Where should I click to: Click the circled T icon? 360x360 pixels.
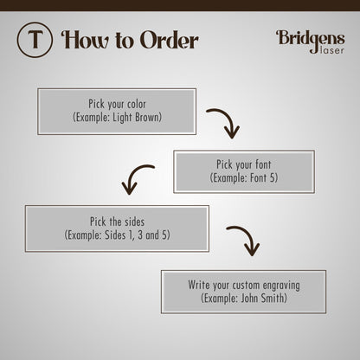click(x=35, y=40)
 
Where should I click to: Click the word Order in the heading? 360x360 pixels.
click(x=170, y=40)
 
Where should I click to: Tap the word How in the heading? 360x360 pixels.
click(x=85, y=40)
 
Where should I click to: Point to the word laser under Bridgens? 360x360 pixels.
click(x=332, y=50)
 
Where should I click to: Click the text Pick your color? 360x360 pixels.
click(x=117, y=104)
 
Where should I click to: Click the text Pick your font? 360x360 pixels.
click(x=244, y=164)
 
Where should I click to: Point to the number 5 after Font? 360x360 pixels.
click(x=273, y=177)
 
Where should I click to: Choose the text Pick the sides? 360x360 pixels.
click(x=117, y=222)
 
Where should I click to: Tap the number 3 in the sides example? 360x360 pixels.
click(x=140, y=235)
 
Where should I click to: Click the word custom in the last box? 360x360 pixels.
click(x=247, y=286)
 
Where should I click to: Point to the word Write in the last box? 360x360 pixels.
click(x=199, y=285)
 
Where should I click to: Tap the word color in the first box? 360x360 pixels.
click(x=137, y=104)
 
